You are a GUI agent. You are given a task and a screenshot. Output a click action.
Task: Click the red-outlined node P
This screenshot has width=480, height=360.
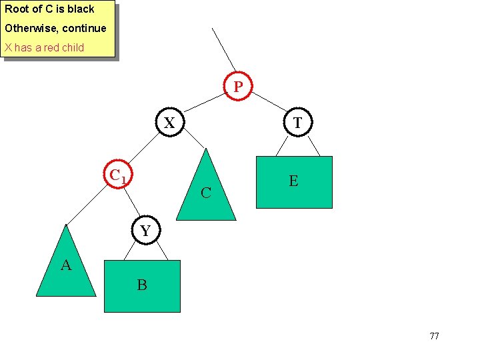238,86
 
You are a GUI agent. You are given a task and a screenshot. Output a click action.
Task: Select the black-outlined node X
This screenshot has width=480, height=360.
170,123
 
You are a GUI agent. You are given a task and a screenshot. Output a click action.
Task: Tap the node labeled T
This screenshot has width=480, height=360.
297,123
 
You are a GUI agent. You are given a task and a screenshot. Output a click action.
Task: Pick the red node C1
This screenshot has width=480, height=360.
117,175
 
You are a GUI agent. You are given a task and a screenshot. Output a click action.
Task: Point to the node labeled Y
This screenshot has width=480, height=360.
145,231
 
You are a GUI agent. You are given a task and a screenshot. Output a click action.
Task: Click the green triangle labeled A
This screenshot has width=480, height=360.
66,267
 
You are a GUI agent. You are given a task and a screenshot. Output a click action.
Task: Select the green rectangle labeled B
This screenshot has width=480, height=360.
142,286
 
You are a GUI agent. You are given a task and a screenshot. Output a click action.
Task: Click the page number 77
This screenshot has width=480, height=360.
434,336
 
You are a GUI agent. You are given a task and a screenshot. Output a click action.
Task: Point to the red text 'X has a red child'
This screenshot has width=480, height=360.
45,47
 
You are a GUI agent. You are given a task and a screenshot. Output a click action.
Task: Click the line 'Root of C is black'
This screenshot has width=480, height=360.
50,9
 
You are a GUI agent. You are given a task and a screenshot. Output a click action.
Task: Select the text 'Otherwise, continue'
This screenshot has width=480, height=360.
55,28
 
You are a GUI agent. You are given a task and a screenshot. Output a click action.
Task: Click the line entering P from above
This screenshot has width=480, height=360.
223,49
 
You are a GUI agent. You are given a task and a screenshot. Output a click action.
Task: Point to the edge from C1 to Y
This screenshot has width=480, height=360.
132,203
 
